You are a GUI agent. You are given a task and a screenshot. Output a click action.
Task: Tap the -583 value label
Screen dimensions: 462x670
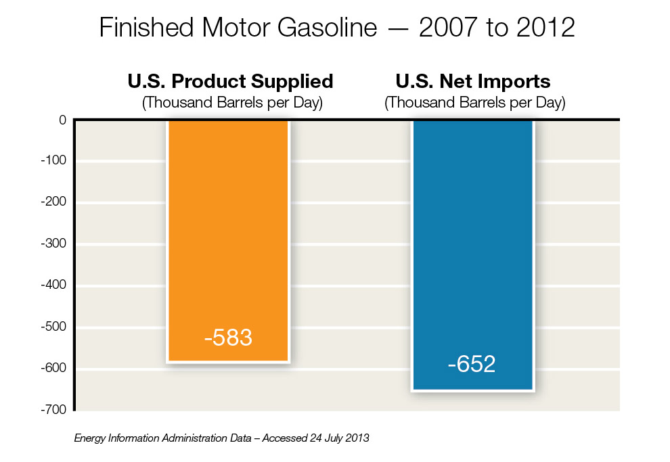(x=228, y=338)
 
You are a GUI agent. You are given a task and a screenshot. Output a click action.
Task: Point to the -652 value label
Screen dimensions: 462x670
(x=472, y=365)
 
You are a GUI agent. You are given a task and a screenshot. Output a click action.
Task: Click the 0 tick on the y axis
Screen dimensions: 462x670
(x=62, y=120)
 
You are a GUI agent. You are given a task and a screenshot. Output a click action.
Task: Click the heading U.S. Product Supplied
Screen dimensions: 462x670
(x=230, y=82)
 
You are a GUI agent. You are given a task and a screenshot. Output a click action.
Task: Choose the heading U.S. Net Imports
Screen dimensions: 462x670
(x=472, y=82)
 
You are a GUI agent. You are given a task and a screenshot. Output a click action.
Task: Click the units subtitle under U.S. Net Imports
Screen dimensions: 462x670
(x=474, y=103)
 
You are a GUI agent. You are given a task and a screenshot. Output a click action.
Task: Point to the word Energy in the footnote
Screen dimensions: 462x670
(x=91, y=438)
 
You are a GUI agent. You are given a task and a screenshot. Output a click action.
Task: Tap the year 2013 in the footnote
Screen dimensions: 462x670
(x=357, y=438)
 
